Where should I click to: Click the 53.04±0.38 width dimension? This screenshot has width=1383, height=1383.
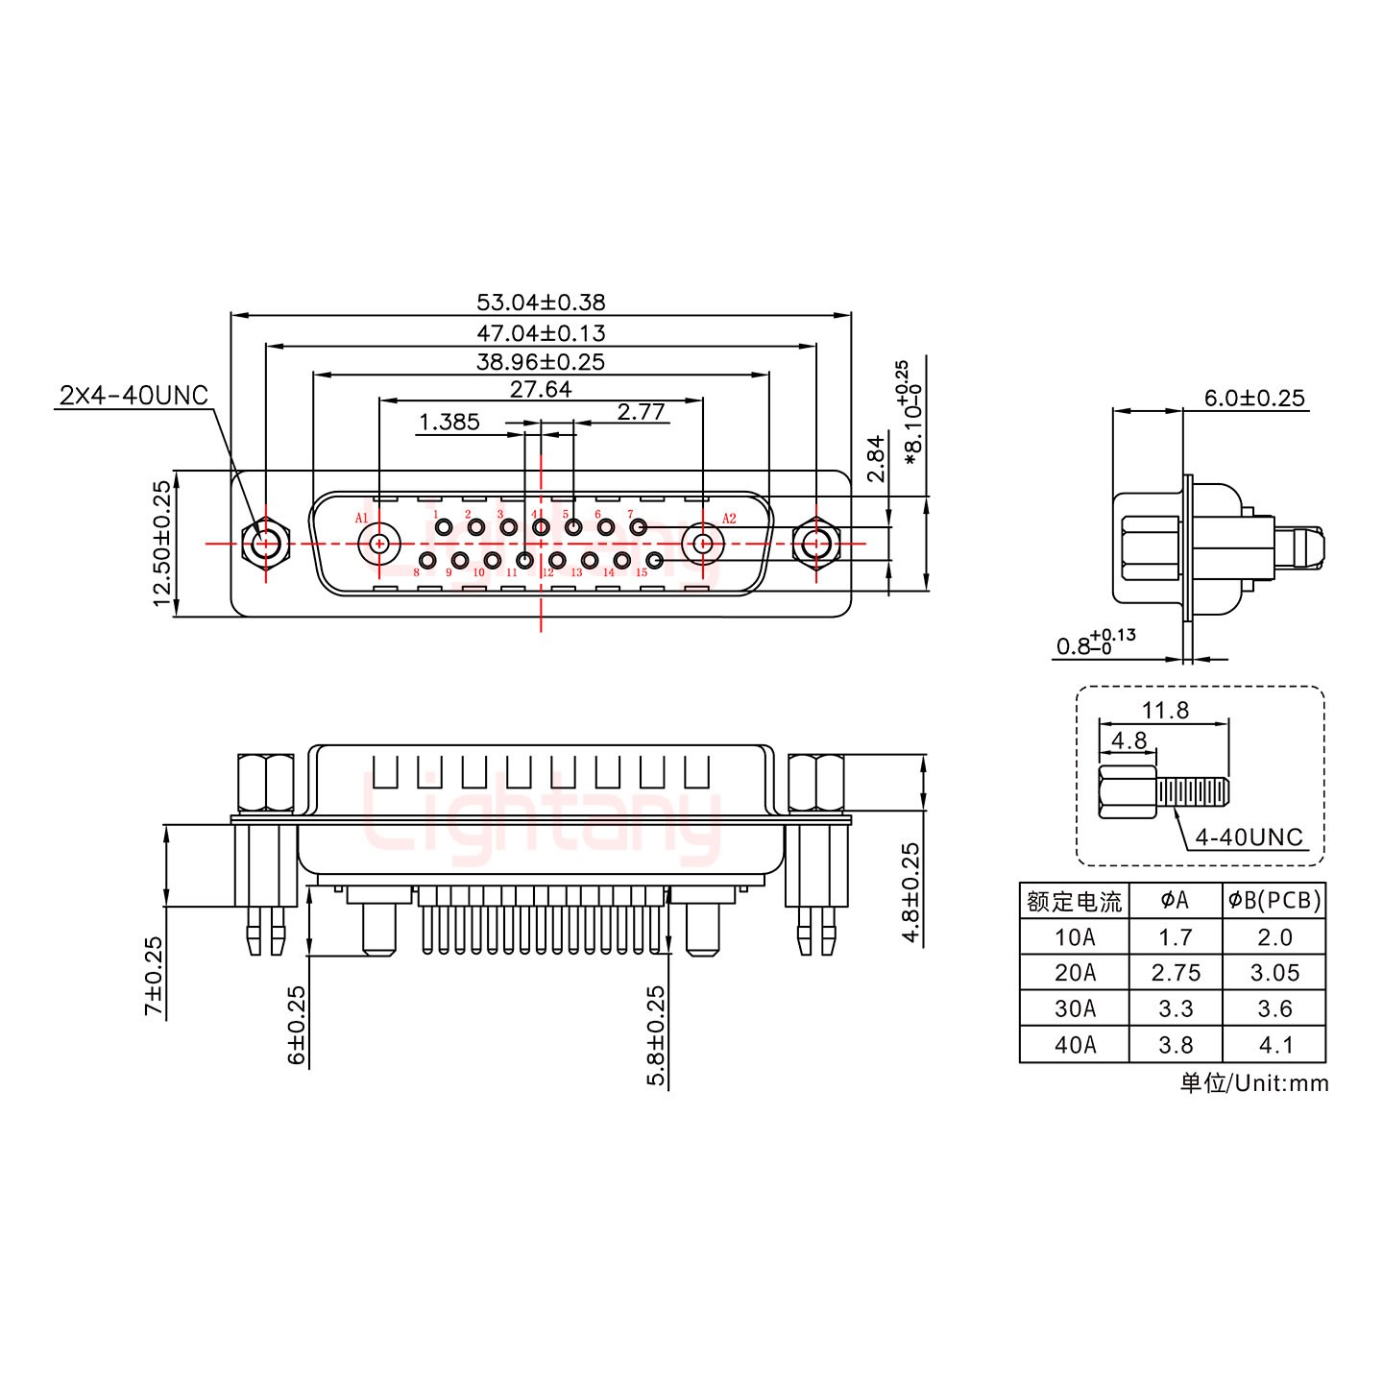pyautogui.click(x=541, y=303)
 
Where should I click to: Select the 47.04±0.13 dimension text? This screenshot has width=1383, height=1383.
pyautogui.click(x=541, y=333)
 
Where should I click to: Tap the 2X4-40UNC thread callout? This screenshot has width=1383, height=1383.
pyautogui.click(x=133, y=395)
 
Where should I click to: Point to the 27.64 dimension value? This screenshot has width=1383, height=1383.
pyautogui.click(x=541, y=389)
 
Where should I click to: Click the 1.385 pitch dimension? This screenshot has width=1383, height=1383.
pyautogui.click(x=449, y=423)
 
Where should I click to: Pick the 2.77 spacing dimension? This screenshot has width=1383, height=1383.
pyautogui.click(x=641, y=413)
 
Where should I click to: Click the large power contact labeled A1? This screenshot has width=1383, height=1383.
pyautogui.click(x=378, y=544)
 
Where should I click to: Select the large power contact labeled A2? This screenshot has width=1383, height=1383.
pyautogui.click(x=702, y=544)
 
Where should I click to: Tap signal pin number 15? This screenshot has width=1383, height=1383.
pyautogui.click(x=656, y=560)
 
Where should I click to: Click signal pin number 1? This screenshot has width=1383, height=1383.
pyautogui.click(x=444, y=526)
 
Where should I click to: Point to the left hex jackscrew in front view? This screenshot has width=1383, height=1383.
pyautogui.click(x=263, y=545)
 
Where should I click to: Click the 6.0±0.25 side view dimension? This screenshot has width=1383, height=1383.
pyautogui.click(x=1254, y=398)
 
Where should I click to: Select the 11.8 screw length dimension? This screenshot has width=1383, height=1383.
pyautogui.click(x=1165, y=711)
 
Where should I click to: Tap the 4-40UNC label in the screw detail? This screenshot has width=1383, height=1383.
pyautogui.click(x=1249, y=837)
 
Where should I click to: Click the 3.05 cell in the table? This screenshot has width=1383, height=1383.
pyautogui.click(x=1274, y=973)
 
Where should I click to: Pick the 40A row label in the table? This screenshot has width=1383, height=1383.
pyautogui.click(x=1074, y=1045)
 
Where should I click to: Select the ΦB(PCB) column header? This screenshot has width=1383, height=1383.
pyautogui.click(x=1274, y=901)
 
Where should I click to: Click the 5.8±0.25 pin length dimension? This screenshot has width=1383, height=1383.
pyautogui.click(x=657, y=1035)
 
